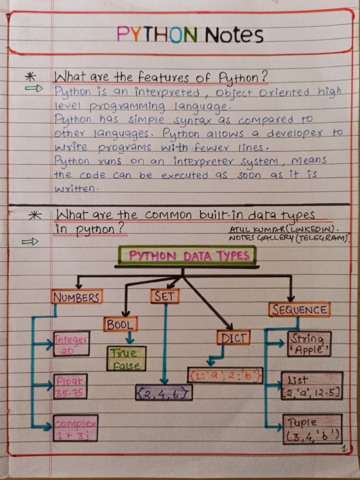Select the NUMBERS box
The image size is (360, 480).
(76, 297)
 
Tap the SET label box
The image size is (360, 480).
(165, 296)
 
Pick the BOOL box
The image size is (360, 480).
(120, 324)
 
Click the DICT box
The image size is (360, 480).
(233, 337)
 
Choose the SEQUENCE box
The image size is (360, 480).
(299, 309)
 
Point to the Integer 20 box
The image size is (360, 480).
(71, 344)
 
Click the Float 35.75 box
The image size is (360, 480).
(70, 386)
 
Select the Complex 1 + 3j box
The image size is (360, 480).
(75, 428)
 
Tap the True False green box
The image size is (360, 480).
(126, 359)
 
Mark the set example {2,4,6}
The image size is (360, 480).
(164, 392)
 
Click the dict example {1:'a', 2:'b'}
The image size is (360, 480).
(225, 375)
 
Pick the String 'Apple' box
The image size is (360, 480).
(309, 344)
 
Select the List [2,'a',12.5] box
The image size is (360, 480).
(312, 386)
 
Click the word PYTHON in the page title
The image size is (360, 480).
(157, 34)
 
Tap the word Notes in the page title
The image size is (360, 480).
(234, 35)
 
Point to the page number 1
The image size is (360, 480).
(345, 449)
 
